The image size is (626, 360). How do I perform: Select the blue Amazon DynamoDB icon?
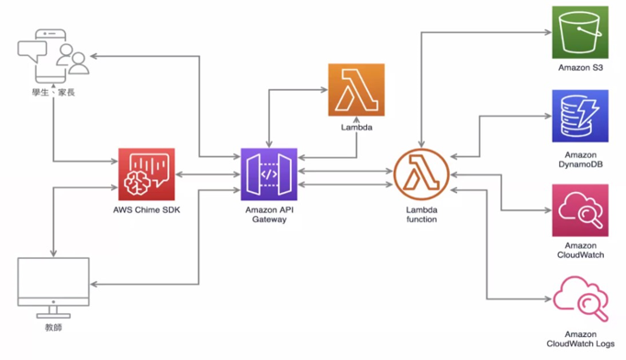click(579, 116)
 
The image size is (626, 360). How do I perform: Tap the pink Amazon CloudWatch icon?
click(579, 210)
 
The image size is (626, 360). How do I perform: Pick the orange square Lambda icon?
click(356, 90)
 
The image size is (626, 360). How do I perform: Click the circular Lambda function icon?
click(421, 174)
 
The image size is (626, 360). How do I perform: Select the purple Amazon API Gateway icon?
click(268, 174)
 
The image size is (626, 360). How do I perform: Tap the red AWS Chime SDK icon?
click(146, 174)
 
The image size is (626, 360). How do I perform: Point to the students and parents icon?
click(53, 54)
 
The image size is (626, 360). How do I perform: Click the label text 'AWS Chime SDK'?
click(146, 210)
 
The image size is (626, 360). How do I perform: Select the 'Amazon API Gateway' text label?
click(268, 215)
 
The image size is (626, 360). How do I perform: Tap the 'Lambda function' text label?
click(421, 215)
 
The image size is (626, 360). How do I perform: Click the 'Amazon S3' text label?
click(579, 68)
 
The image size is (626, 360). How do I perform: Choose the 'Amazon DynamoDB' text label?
click(579, 161)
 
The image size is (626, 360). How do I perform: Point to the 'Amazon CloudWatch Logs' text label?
click(579, 340)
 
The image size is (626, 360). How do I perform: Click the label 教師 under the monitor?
click(53, 327)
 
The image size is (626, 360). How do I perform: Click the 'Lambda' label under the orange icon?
click(356, 128)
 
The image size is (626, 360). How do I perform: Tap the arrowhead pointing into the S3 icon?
click(547, 33)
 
